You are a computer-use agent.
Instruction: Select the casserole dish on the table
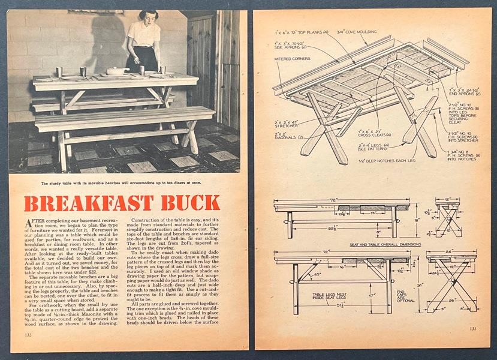118,71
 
